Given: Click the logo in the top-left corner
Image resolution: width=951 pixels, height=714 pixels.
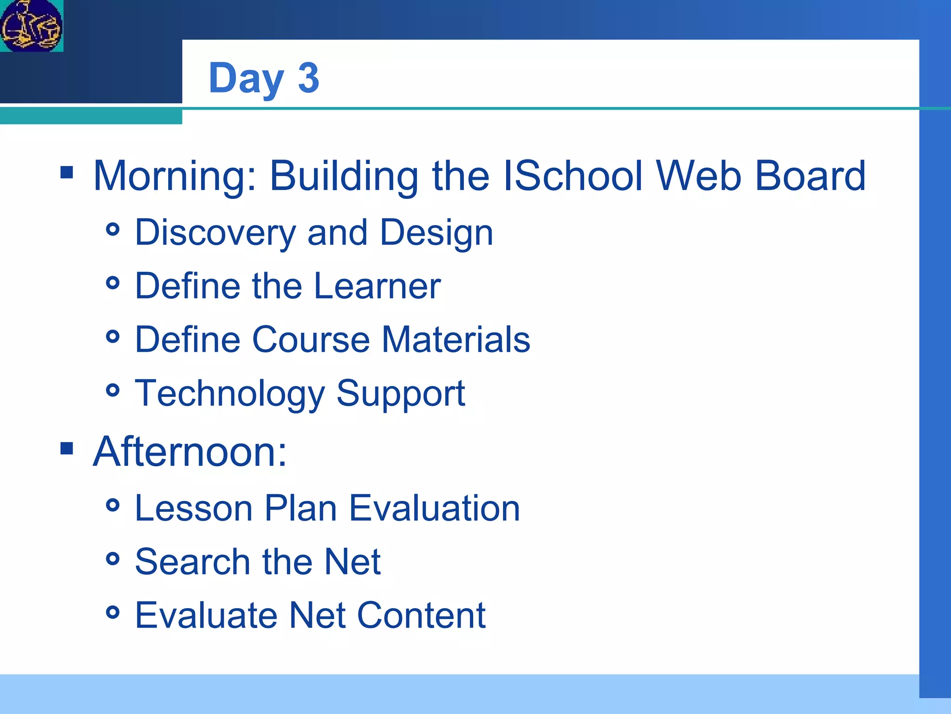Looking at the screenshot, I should click(31, 26).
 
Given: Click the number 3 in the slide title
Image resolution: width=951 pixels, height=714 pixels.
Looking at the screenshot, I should click(308, 78).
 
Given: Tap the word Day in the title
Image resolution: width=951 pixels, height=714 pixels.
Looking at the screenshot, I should click(246, 79).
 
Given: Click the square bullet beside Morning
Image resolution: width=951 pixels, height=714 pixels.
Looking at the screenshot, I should click(67, 173).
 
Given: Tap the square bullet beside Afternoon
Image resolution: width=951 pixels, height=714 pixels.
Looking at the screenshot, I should click(67, 449).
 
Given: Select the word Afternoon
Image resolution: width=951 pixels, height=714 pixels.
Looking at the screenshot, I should click(189, 452).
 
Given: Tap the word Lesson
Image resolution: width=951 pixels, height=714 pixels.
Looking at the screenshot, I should click(194, 508).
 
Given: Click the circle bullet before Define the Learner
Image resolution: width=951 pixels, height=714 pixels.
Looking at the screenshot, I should click(113, 283).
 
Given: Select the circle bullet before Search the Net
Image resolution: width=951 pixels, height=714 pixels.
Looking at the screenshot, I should click(113, 559).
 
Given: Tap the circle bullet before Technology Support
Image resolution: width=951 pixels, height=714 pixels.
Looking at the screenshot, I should click(113, 390).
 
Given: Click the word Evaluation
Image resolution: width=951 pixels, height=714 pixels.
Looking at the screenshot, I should click(434, 508).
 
